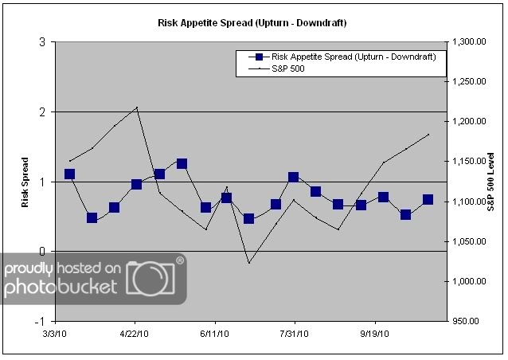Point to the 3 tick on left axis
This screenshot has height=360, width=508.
tap(41, 42)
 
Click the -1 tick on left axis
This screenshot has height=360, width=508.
tap(39, 321)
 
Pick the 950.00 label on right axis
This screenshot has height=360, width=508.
tap(466, 322)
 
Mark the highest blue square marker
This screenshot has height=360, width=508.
tap(182, 163)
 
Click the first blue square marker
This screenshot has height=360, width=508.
tap(69, 174)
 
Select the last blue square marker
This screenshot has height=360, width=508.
tap(428, 199)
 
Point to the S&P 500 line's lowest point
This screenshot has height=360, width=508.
tap(248, 263)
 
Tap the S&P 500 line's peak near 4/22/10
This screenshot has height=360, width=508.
tap(137, 107)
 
